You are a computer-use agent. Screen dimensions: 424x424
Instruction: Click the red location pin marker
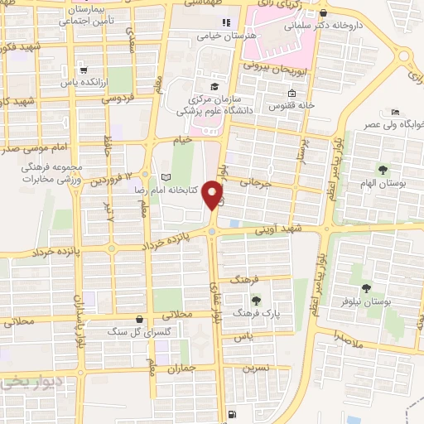214,196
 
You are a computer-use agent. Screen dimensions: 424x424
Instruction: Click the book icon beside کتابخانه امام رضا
166,177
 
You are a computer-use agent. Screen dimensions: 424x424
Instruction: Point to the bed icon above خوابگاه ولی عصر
396,112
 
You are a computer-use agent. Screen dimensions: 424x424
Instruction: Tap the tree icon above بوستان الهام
382,170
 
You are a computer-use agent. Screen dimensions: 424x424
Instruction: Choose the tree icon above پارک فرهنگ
255,301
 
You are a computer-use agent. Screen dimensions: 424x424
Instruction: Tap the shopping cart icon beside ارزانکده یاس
85,70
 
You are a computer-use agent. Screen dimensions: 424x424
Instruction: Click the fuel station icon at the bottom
229,414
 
